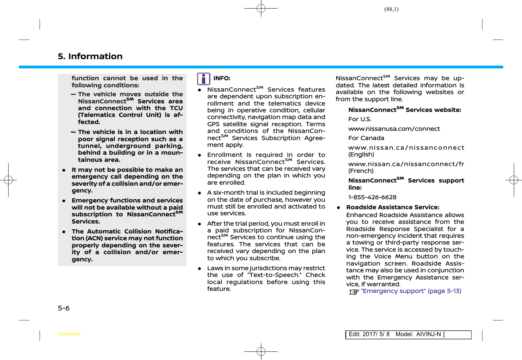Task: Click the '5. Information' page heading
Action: [90, 56]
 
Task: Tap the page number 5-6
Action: [64, 308]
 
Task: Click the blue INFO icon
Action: [204, 79]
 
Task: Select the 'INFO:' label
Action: [222, 78]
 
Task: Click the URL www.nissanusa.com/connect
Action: [394, 129]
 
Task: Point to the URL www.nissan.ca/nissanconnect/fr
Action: [406, 164]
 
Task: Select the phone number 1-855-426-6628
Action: [372, 197]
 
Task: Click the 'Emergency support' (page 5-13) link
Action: [411, 291]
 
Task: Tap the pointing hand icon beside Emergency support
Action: [353, 292]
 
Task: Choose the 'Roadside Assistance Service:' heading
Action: [393, 207]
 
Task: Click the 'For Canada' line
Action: [366, 138]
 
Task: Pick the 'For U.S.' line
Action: [360, 119]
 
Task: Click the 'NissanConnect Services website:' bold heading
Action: [405, 110]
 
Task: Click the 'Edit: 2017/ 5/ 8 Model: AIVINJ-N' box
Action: [408, 334]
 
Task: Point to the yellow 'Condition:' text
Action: [69, 334]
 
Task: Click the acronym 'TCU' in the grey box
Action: [176, 108]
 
